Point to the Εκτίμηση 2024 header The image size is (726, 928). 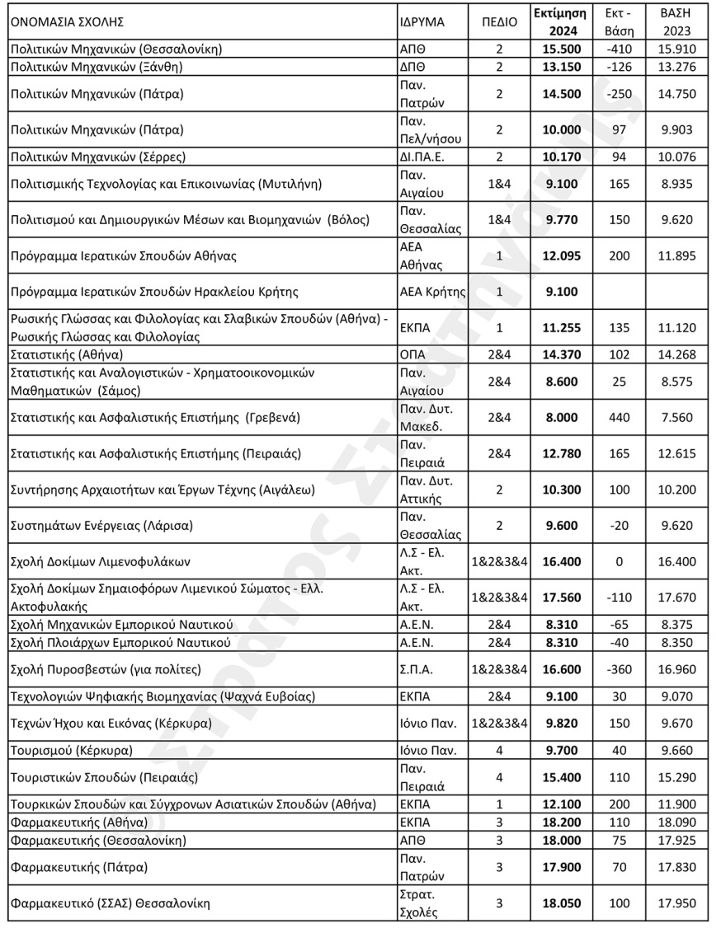pyautogui.click(x=561, y=21)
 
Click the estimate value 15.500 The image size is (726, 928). pyautogui.click(x=561, y=49)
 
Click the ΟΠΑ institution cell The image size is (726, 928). pyautogui.click(x=410, y=355)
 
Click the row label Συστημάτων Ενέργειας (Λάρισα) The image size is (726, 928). pyautogui.click(x=94, y=524)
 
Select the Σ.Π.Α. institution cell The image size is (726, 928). pyautogui.click(x=415, y=669)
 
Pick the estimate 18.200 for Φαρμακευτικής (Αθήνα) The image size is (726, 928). pyautogui.click(x=561, y=823)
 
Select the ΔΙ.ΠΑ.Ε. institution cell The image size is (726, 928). pyautogui.click(x=418, y=157)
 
